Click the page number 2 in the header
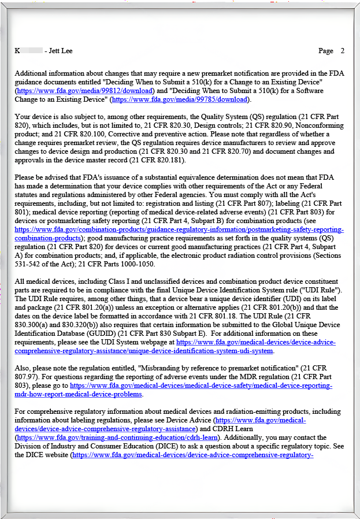point(342,51)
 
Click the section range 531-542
point(29,264)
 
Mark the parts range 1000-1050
point(139,264)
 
